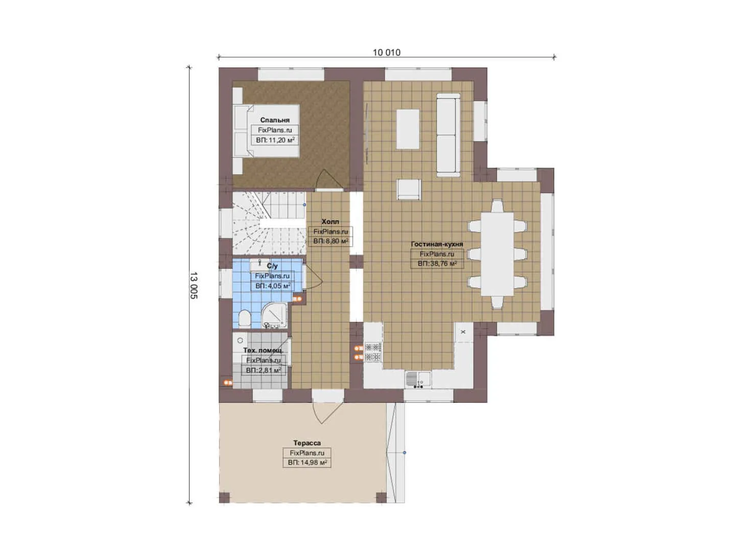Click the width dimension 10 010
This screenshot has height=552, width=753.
tap(387, 53)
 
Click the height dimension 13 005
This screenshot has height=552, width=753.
tap(194, 285)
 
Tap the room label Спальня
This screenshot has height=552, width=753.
tap(275, 120)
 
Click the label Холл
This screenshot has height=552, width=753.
tap(330, 222)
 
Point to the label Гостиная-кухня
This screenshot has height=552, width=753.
tap(437, 244)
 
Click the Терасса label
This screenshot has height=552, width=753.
tap(307, 443)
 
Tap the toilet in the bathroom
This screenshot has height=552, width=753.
tap(244, 319)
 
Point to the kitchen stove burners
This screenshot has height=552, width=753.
tap(373, 352)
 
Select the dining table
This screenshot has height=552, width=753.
tap(497, 254)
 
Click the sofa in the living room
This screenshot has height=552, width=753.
tap(449, 135)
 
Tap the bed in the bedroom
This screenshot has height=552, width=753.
tap(266, 130)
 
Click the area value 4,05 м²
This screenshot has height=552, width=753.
tap(273, 286)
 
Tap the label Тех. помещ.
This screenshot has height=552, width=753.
tap(263, 351)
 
